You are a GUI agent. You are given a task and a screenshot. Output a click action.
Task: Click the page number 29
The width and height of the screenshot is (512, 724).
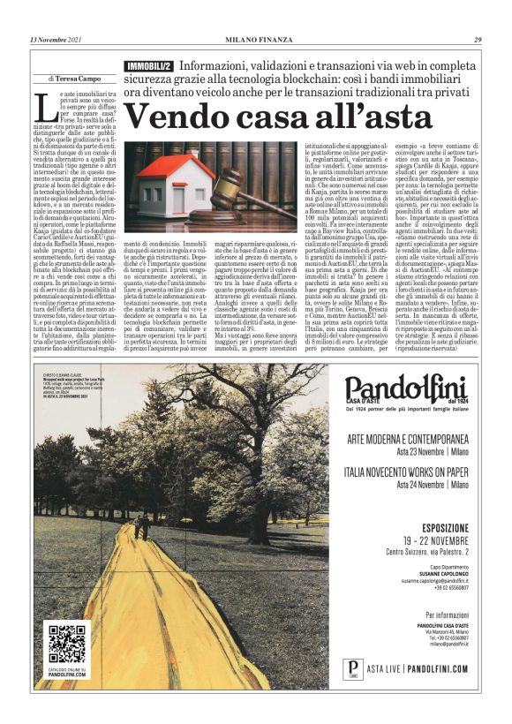(478, 40)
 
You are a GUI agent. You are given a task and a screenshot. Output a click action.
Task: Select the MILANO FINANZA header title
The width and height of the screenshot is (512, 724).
(256, 40)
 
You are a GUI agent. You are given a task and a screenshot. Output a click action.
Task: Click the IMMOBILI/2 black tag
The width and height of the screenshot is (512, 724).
(149, 67)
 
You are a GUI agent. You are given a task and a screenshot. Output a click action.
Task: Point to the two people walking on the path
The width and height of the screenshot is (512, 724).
(141, 526)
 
